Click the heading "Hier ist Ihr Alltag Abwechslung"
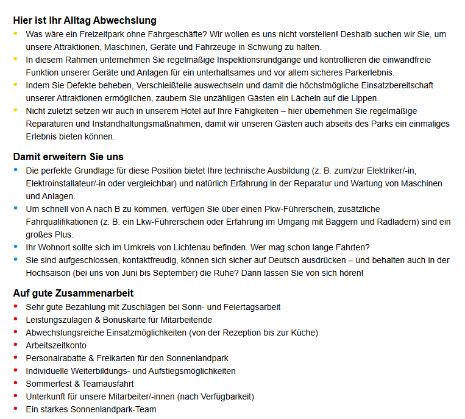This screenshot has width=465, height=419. click(x=85, y=21)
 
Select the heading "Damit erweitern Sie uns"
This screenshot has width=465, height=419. click(x=68, y=157)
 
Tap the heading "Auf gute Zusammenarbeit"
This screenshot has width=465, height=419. click(x=73, y=293)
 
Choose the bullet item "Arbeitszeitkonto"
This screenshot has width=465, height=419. click(x=56, y=345)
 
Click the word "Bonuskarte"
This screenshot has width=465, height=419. click(x=127, y=320)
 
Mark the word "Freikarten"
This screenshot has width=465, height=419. click(x=119, y=358)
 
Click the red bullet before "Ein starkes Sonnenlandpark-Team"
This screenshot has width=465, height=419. click(x=15, y=409)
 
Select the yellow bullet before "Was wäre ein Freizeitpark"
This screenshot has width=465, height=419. click(x=15, y=34)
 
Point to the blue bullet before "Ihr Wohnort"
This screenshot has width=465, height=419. click(x=15, y=247)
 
